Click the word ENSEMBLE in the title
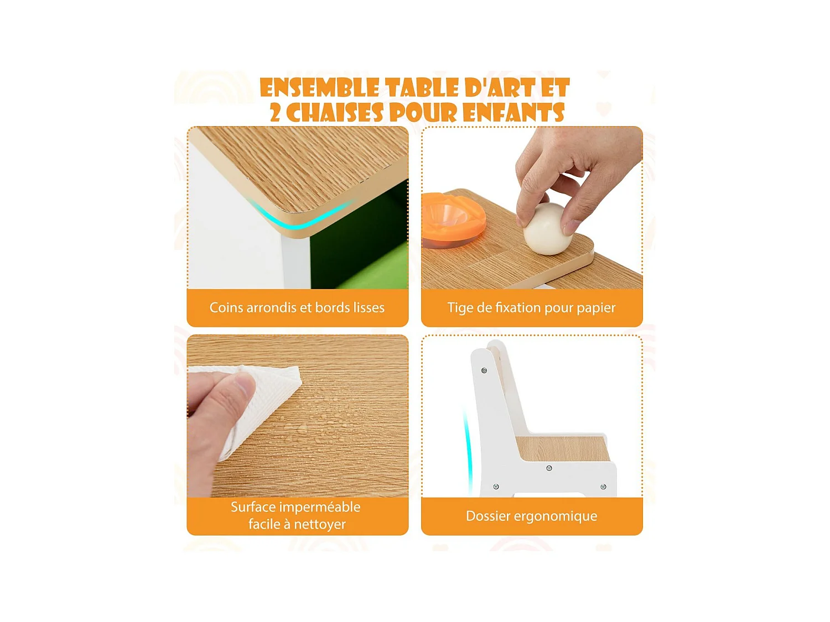pyautogui.click(x=319, y=88)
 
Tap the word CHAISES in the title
pyautogui.click(x=335, y=113)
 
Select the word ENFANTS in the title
pyautogui.click(x=514, y=113)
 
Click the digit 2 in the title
pyautogui.click(x=275, y=113)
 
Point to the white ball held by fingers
pyautogui.click(x=548, y=228)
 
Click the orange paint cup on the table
pyautogui.click(x=453, y=220)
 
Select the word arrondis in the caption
pyautogui.click(x=270, y=307)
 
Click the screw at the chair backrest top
pyautogui.click(x=484, y=370)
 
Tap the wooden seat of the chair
pyautogui.click(x=563, y=448)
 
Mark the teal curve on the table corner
pyautogui.click(x=299, y=223)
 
